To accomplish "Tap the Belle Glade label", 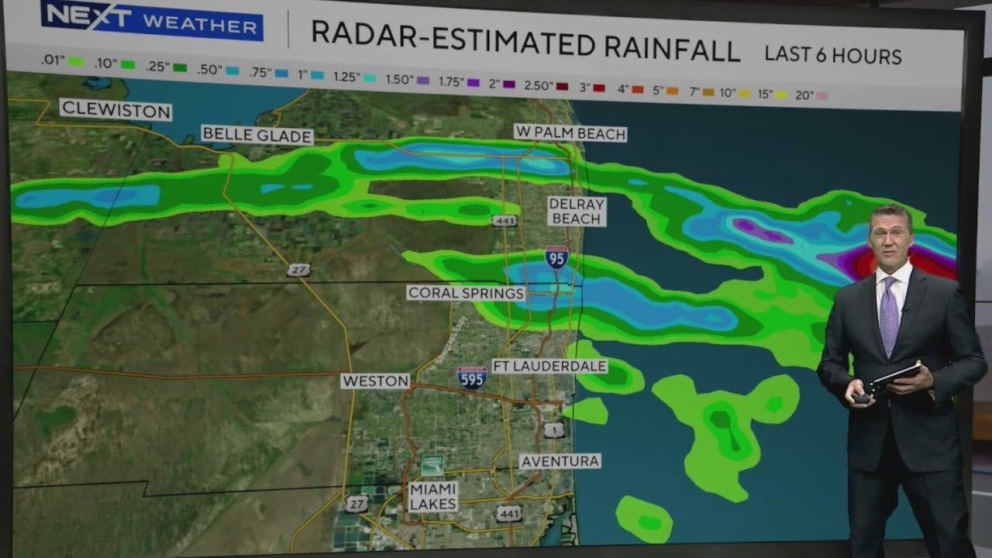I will pos(257,135).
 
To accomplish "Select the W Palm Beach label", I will pos(570,133).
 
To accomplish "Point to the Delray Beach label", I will pos(576,211).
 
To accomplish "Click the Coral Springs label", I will pos(466,293).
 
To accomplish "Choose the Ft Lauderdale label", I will pos(549,366).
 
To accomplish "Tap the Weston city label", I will pos(375,381).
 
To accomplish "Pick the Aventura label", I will pos(560,461).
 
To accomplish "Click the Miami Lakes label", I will pos(433,497).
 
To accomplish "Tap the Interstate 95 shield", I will pos(556,257).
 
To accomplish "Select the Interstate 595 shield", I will pos(472,377).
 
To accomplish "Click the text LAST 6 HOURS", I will pos(833,55).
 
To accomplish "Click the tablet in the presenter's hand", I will pos(894,377).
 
